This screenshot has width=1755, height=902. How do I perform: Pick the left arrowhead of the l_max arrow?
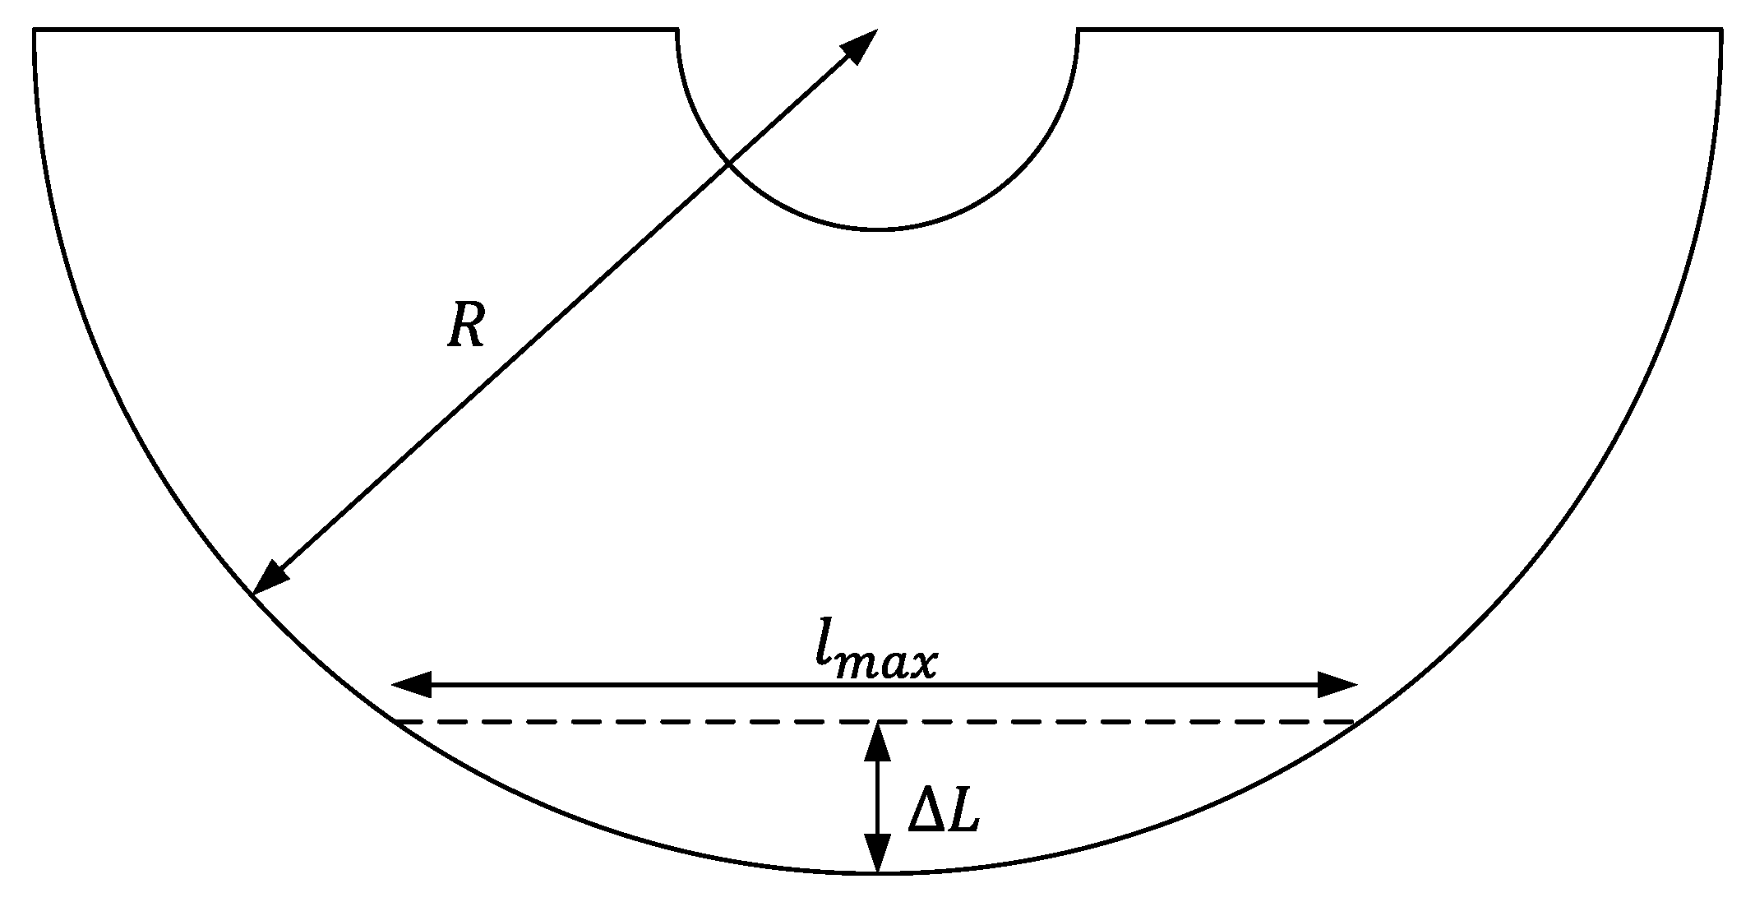click(x=411, y=684)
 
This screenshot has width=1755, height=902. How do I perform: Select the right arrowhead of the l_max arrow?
click(x=1337, y=684)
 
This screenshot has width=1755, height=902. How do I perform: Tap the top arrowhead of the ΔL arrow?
click(x=878, y=741)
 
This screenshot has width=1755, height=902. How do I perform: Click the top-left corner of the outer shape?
click(x=35, y=30)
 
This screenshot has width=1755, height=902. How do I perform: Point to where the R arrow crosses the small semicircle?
click(x=729, y=164)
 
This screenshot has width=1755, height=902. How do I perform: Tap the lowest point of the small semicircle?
click(x=878, y=229)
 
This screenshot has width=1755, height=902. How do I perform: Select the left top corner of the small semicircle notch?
click(x=678, y=30)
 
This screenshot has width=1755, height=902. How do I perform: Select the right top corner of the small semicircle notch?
click(x=1078, y=30)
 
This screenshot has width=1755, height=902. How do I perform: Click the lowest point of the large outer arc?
click(x=878, y=872)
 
